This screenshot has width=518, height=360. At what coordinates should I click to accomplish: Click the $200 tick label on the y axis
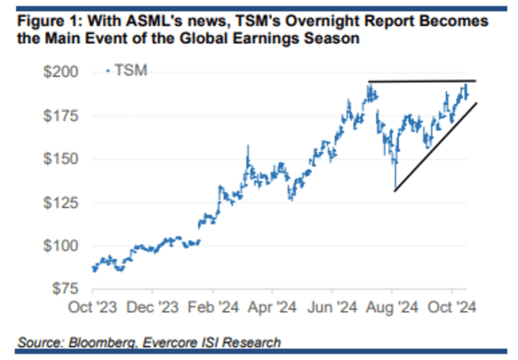pos(60,72)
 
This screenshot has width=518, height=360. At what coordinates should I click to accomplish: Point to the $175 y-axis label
pos(60,116)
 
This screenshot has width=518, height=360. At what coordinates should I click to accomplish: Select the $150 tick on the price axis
pos(60,159)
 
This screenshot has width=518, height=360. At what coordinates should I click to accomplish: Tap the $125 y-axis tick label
pos(60,203)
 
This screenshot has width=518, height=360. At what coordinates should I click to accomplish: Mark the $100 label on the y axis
pos(60,246)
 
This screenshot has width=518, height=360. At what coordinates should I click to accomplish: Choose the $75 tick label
pos(64,289)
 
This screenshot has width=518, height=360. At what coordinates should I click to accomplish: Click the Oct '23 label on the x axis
pos(93,308)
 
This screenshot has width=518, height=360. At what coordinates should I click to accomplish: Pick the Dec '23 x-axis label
pos(153,308)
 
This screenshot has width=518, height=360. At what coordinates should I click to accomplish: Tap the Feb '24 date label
pos(213,308)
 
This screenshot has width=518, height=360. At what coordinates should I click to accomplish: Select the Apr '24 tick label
pos(273,308)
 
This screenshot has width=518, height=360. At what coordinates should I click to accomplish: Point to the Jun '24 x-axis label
pos(333,308)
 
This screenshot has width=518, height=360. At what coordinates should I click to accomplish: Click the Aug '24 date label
pos(393,308)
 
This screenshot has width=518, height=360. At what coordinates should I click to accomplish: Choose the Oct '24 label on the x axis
pos(452,308)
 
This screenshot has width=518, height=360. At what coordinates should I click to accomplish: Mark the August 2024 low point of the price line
pos(394,189)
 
